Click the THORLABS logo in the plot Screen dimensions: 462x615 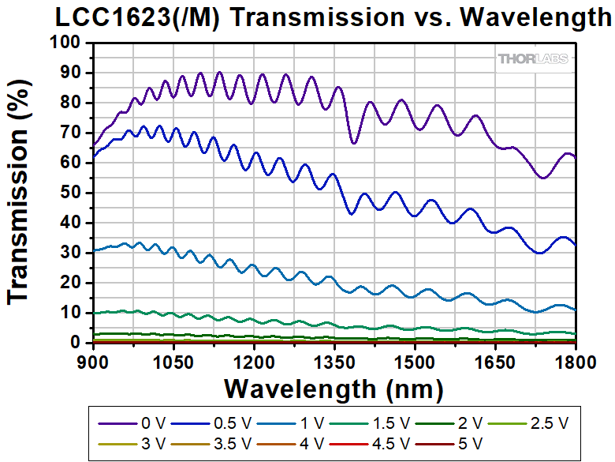click(x=534, y=58)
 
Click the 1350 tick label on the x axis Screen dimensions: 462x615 click(x=334, y=359)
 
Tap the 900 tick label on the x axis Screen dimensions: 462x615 click(x=92, y=359)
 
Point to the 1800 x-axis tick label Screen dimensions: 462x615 click(x=576, y=359)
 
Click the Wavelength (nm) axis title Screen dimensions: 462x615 click(x=334, y=389)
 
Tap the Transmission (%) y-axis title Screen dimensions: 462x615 click(x=21, y=193)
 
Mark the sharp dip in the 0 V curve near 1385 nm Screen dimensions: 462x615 click(x=353, y=143)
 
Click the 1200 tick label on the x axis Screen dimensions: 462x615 click(x=254, y=359)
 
